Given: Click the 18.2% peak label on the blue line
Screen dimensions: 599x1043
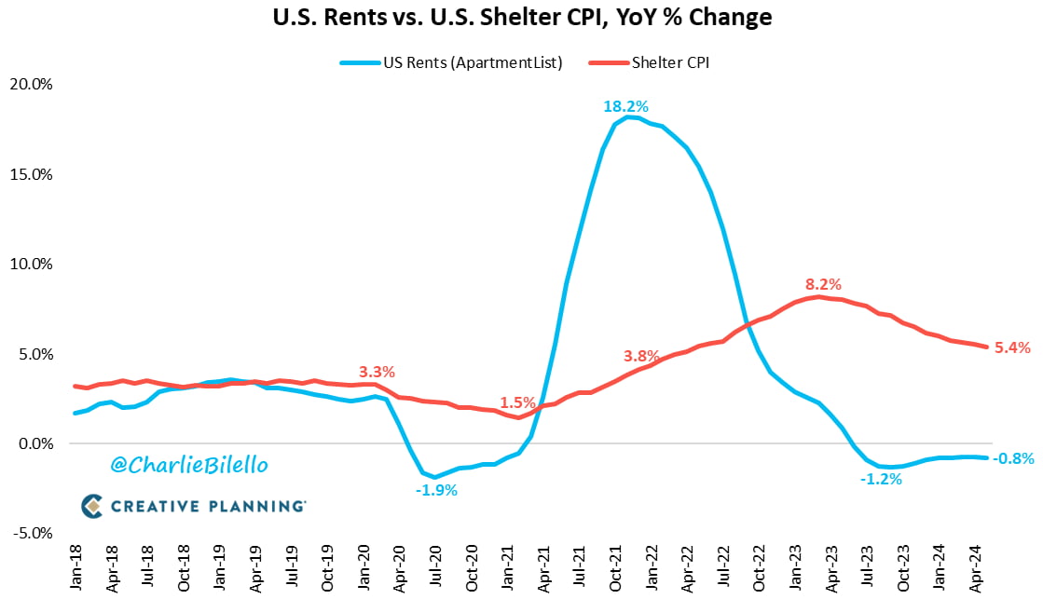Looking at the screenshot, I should pos(624,105).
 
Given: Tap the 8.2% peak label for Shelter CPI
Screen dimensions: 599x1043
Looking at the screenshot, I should pos(823,284).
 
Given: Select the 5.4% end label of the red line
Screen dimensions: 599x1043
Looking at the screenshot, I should pos(1011,347).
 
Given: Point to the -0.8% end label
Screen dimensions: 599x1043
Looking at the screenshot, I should pos(1013,458).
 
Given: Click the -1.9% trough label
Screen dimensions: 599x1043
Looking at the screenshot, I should pos(435,490).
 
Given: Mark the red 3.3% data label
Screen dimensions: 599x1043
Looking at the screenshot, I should pos(377,372).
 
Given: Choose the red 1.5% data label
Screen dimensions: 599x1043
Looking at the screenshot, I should pos(517,403).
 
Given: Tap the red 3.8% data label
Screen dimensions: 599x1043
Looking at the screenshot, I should pos(640,356).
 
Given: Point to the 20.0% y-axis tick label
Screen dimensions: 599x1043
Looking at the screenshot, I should pos(30,85).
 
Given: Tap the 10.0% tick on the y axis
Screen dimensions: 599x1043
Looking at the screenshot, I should pos(30,265).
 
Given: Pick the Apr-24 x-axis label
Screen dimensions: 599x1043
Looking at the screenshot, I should pos(975,565).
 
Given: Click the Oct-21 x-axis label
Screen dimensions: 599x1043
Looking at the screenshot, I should pos(615,565).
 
